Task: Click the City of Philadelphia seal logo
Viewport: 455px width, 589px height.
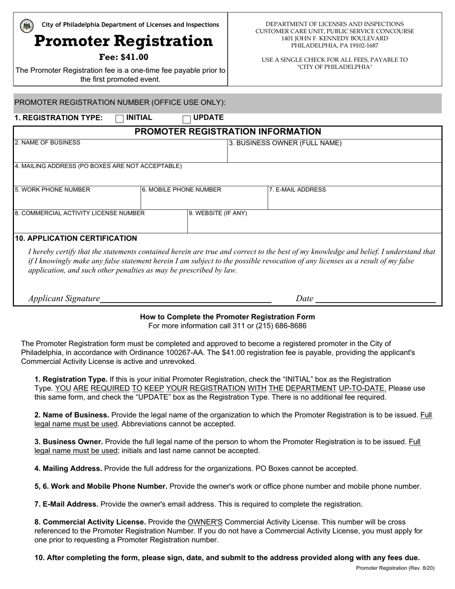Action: [x=27, y=25]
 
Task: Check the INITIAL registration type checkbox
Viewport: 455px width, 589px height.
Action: [x=120, y=119]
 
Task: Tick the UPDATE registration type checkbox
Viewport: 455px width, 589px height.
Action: [x=187, y=119]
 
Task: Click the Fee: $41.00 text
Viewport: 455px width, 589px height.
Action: [x=124, y=57]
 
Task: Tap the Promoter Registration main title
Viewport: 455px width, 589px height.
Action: [x=124, y=41]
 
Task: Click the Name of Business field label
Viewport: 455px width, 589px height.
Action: [x=47, y=143]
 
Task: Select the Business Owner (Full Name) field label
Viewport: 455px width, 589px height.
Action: [x=285, y=143]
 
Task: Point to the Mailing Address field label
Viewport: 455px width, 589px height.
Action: [x=98, y=166]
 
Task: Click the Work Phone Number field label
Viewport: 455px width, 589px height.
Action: [x=52, y=190]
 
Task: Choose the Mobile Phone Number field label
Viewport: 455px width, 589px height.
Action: [x=182, y=190]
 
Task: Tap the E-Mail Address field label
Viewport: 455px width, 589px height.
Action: [x=297, y=190]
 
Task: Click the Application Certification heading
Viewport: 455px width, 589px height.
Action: [x=76, y=238]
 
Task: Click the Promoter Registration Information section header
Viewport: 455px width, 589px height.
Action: [x=227, y=132]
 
